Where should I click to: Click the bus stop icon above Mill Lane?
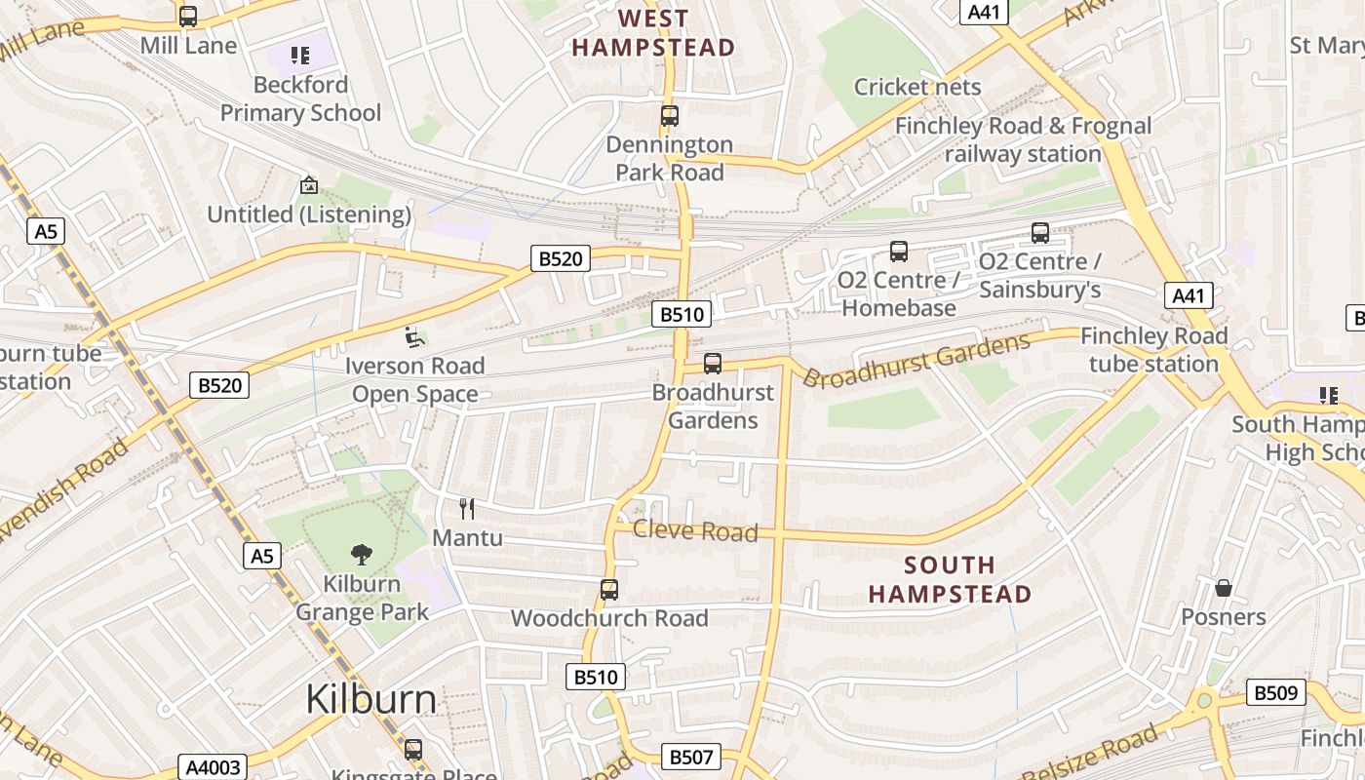click(x=188, y=17)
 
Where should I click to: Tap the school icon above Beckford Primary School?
click(x=300, y=56)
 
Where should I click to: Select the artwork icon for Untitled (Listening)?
click(x=309, y=185)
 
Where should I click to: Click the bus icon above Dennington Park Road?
click(x=669, y=116)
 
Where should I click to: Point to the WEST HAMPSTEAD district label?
click(x=653, y=33)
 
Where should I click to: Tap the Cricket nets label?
click(x=917, y=87)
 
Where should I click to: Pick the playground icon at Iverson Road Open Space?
click(x=414, y=337)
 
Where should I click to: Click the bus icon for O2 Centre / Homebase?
click(x=899, y=252)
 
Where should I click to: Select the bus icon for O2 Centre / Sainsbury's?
click(x=1040, y=233)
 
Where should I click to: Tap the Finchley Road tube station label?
click(x=1153, y=350)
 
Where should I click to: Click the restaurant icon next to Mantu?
click(x=467, y=509)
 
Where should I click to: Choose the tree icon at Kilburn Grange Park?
click(x=362, y=555)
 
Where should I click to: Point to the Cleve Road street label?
click(x=695, y=530)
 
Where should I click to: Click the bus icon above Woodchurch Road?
click(x=609, y=590)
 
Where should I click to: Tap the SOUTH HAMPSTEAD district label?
click(x=950, y=579)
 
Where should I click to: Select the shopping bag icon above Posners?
click(x=1224, y=588)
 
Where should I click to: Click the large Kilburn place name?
click(x=370, y=699)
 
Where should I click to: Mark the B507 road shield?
click(x=691, y=757)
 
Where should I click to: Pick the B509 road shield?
click(x=1275, y=693)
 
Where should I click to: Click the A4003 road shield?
click(x=213, y=767)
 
